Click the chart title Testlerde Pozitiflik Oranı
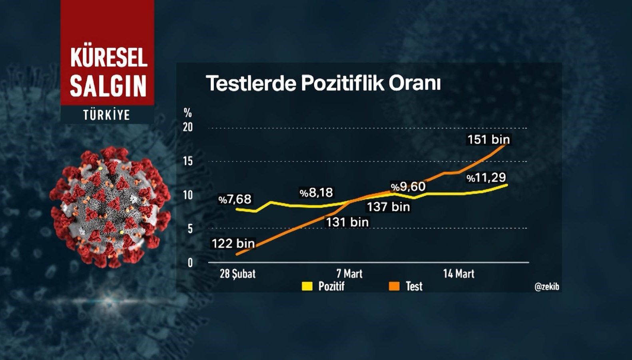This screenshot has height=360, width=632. pos(323,83)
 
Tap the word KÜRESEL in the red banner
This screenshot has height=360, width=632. pos(109,57)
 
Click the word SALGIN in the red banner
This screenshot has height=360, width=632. pos(108,86)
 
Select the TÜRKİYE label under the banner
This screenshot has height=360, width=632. pos(107,115)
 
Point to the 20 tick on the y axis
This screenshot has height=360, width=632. pos(187,127)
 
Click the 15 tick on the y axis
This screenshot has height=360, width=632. pos(187,161)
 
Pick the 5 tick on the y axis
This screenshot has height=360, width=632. pos(190,229)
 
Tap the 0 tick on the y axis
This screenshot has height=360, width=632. pos(190,263)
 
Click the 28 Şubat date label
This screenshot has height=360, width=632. pos(237,274)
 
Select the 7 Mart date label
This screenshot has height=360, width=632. pos(349,274)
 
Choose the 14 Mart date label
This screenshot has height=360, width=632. pos(459,274)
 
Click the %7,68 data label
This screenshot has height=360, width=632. pos(235,199)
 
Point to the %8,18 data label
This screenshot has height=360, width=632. pos(316,193)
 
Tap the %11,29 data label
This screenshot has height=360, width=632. pos(486,178)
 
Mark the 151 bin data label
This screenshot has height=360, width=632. pos(488,140)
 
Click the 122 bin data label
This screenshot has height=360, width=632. pos(233,243)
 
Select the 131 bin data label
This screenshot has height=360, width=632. pos(347,222)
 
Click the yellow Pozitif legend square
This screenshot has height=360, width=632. pos(307,286)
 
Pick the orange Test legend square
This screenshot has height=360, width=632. pos(394,286)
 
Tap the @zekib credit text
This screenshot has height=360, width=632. pos(546,286)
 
